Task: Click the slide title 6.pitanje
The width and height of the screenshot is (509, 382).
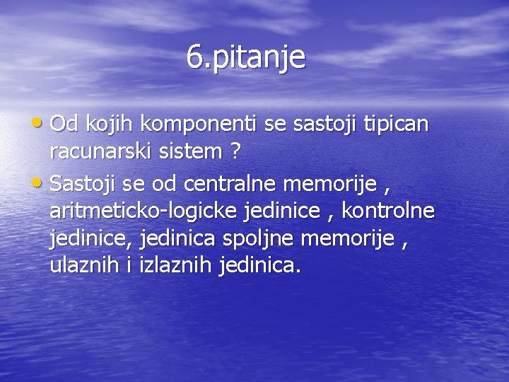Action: click(x=246, y=57)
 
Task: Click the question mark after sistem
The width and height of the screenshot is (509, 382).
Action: click(x=235, y=151)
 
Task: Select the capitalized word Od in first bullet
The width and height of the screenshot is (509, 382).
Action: click(x=65, y=125)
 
